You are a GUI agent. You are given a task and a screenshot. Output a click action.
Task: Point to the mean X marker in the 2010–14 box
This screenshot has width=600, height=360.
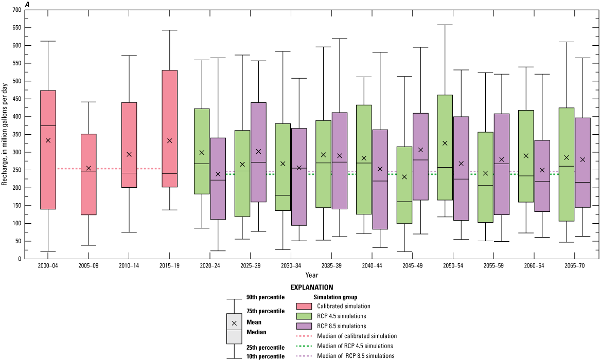129,154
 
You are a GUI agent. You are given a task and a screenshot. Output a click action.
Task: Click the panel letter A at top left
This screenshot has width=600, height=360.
27,4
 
